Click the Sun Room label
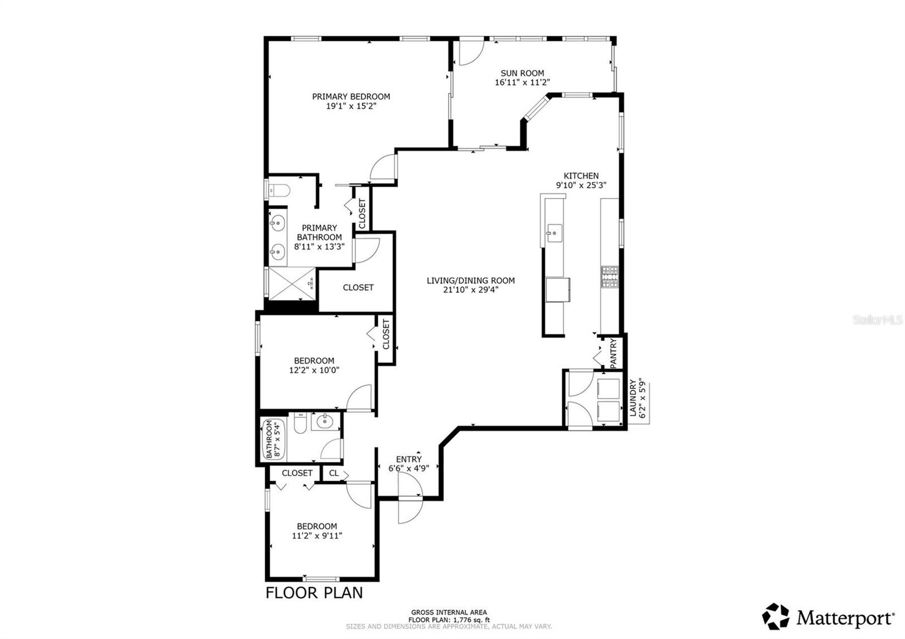pos(522,73)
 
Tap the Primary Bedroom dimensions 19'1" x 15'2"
pos(351,106)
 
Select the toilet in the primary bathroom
pos(279,189)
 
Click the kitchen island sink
pos(554,232)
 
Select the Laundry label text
pos(633,399)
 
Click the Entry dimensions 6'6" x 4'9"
pos(408,468)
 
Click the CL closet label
pos(334,473)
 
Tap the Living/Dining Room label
pos(471,280)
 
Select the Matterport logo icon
pos(775,616)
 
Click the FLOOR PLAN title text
pos(314,593)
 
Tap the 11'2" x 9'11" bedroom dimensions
pos(317,536)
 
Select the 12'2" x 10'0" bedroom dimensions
pos(314,370)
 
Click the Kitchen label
pos(581,176)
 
